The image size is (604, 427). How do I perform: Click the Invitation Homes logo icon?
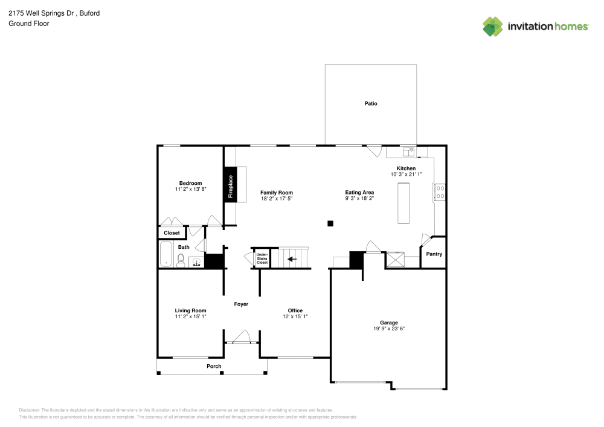[493, 26]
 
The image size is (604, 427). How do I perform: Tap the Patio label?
[371, 104]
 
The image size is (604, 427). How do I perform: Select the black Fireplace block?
[230, 186]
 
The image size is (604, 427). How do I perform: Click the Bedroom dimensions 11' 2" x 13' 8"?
[190, 190]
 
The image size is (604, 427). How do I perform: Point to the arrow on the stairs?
[292, 259]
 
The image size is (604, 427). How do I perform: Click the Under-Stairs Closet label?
[262, 258]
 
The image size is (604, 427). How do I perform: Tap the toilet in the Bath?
[180, 260]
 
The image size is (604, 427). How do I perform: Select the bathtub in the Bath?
[165, 254]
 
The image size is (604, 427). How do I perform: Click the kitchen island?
[403, 204]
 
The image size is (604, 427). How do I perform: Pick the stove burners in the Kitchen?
[440, 192]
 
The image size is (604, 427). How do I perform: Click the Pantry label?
[434, 254]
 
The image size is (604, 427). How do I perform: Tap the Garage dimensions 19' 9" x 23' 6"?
[388, 329]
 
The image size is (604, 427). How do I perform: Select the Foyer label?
[241, 304]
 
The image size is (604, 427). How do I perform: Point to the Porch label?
[214, 366]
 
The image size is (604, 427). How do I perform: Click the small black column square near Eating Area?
[330, 223]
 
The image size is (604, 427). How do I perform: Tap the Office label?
[295, 310]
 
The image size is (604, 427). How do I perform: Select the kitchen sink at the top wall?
[409, 152]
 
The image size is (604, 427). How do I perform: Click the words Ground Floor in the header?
[29, 24]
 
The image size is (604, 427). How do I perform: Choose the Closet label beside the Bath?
[172, 233]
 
